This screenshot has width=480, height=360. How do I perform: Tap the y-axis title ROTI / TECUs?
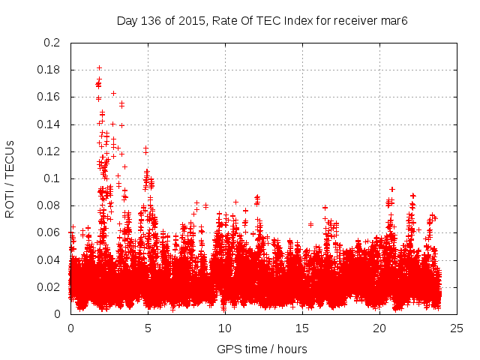coord(10,178)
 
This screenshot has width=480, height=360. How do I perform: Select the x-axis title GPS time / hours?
coord(262,349)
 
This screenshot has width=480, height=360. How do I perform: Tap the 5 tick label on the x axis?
coord(148,328)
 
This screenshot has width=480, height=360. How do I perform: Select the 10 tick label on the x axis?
coord(225,328)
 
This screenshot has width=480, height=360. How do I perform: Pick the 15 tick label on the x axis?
coord(302,328)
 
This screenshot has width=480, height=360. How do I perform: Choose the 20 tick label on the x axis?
coord(379,328)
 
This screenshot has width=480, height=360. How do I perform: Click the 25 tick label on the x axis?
coord(457,328)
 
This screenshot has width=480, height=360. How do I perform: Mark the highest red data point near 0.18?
coord(99,68)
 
